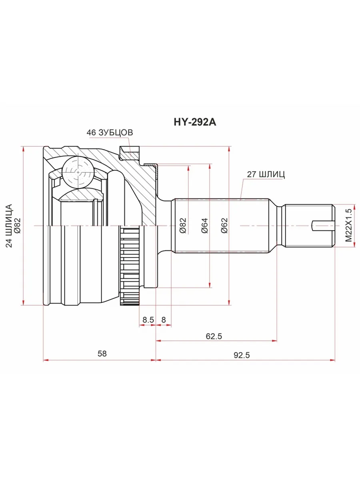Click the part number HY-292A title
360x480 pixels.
[195, 122]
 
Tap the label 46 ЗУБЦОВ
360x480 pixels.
[110, 132]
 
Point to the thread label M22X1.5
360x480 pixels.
[349, 225]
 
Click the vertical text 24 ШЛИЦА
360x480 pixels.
[9, 226]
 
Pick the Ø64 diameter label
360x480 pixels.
[205, 226]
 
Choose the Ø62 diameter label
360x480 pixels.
[224, 226]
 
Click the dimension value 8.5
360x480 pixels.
[148, 320]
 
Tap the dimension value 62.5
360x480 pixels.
[214, 336]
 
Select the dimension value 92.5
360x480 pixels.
[242, 355]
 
